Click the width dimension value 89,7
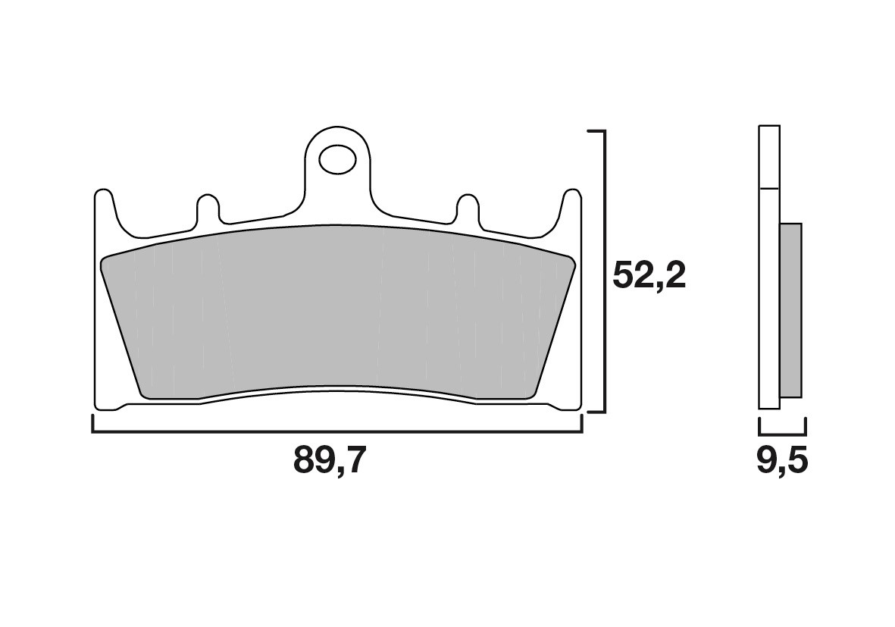330,460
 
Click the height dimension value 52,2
649,277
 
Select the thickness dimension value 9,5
782,460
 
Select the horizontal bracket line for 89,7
338,432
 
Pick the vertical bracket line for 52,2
604,271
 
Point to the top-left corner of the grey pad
106,260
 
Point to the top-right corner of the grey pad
571,260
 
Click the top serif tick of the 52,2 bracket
596,131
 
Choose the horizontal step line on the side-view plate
768,187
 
